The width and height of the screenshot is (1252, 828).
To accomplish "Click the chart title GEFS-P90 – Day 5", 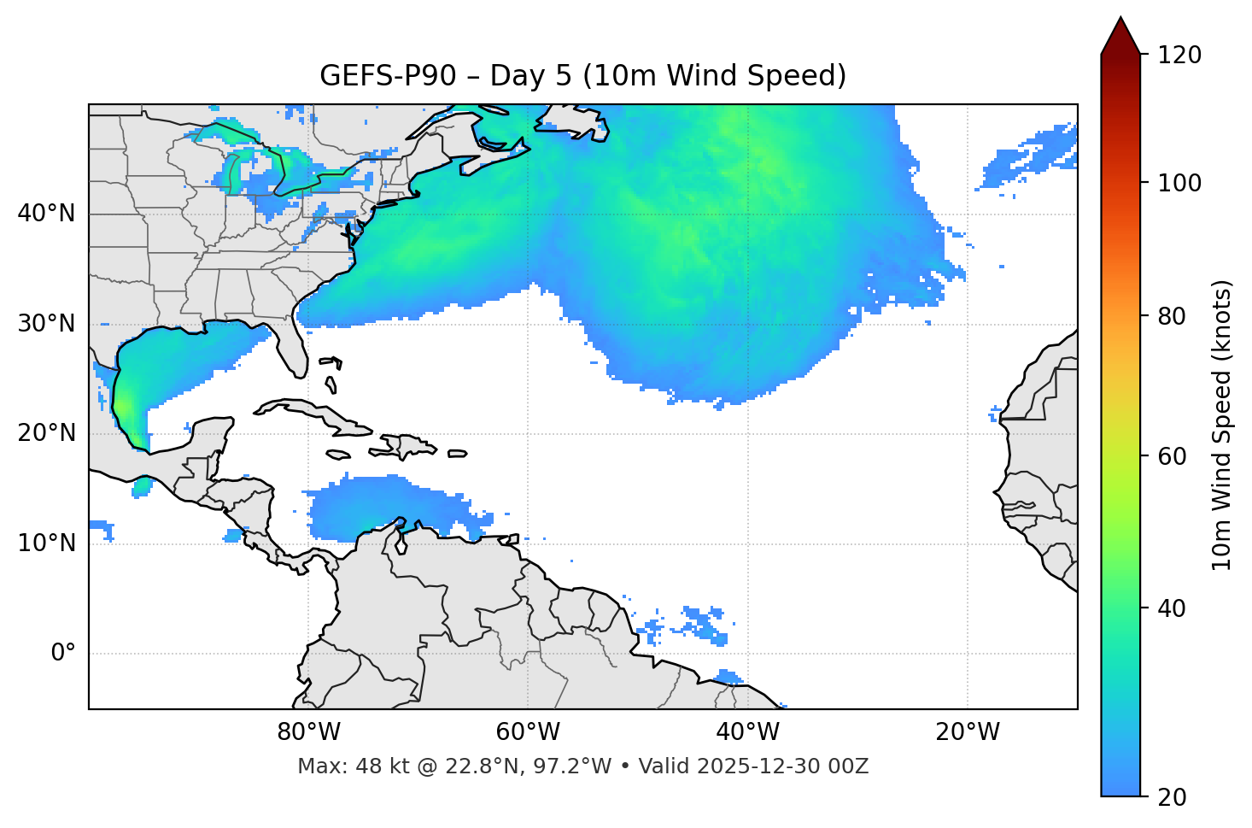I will click(x=582, y=76).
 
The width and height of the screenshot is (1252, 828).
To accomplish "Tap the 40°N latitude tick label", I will click(x=47, y=214).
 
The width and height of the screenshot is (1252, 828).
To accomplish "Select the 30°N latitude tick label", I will click(x=47, y=324).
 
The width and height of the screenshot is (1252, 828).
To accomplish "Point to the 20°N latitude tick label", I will click(x=47, y=433).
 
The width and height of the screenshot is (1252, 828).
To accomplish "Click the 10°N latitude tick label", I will click(x=47, y=543).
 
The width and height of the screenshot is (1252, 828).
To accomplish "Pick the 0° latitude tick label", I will click(x=63, y=654).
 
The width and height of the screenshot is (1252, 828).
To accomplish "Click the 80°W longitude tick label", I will click(x=308, y=732).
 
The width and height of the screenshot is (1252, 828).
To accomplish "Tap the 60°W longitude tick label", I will click(x=528, y=732).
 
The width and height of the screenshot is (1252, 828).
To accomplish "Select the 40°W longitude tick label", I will click(x=747, y=732).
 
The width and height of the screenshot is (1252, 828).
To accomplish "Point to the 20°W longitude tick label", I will click(x=967, y=732).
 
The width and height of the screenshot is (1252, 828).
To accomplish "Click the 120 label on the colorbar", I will click(x=1179, y=56).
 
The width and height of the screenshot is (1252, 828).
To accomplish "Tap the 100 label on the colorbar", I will click(x=1179, y=183).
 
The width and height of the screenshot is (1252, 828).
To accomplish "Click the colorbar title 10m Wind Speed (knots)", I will click(x=1222, y=425).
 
